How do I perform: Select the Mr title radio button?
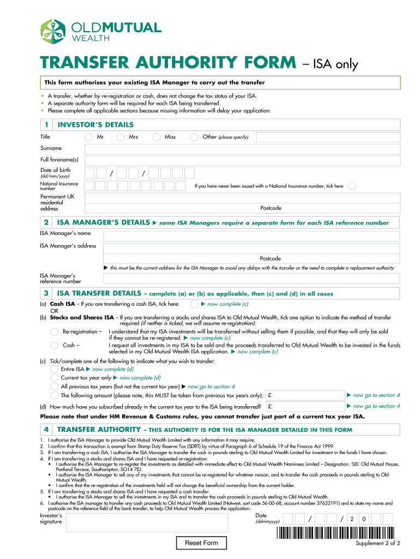(88, 137)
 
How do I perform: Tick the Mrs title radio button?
(121, 137)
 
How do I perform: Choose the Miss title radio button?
(157, 137)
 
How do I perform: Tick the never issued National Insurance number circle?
(352, 186)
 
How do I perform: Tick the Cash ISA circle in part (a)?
(194, 304)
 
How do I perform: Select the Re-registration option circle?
(55, 332)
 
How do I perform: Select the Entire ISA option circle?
(55, 369)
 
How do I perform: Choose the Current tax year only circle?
(55, 378)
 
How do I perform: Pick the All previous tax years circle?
(55, 386)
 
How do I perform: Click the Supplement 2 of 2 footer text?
(377, 544)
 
